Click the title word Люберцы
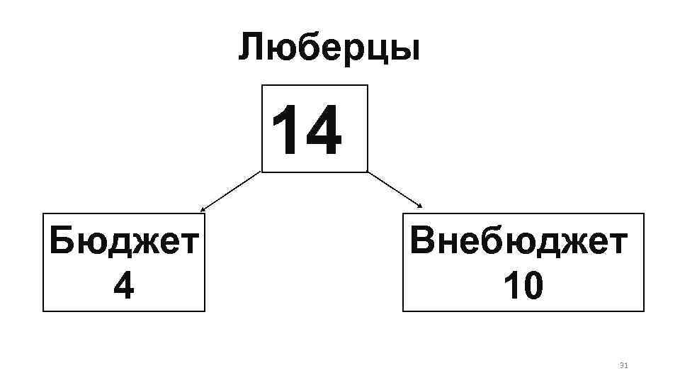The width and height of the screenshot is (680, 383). tap(329, 48)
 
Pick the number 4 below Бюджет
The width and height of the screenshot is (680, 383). tap(123, 287)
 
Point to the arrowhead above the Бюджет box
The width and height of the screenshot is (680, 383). tap(202, 210)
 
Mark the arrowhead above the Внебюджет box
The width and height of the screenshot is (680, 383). tap(420, 206)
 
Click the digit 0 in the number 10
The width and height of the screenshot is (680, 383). tap(533, 287)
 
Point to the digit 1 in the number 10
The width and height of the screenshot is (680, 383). tap(511, 287)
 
